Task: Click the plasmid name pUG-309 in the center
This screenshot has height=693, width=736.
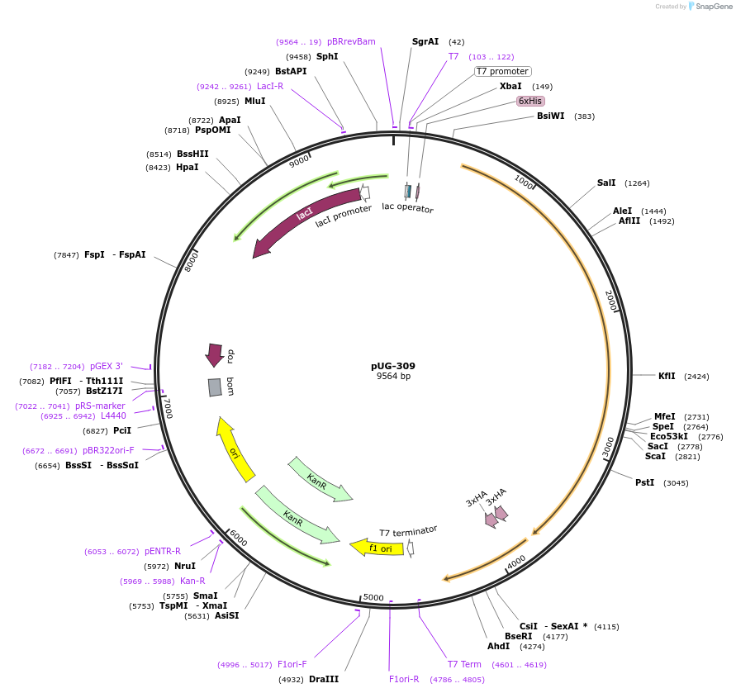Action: [x=393, y=366]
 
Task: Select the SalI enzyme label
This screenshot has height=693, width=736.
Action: [x=606, y=183]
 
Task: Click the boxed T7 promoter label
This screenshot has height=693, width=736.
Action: [x=502, y=71]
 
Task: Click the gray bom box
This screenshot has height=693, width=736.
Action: [x=215, y=387]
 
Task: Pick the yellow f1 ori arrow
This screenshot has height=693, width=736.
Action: [x=376, y=547]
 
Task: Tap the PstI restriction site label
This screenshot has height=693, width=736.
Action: [x=644, y=482]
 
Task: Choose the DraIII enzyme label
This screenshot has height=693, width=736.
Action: [x=324, y=679]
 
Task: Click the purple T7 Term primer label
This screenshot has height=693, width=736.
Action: [x=464, y=664]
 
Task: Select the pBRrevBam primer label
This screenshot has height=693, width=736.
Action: [x=351, y=41]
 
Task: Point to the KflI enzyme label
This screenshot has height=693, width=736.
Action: [x=667, y=376]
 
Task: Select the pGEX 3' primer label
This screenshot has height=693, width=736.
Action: [x=107, y=366]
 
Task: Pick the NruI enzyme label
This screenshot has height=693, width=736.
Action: [x=185, y=566]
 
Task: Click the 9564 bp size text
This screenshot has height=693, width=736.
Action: [x=393, y=377]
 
